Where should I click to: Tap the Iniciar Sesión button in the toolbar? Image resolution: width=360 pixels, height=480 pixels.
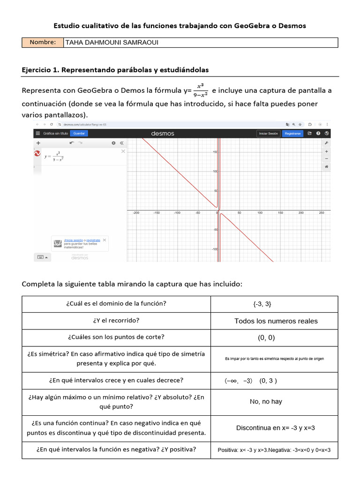(269, 134)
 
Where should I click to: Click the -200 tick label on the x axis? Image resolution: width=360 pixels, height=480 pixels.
(136, 213)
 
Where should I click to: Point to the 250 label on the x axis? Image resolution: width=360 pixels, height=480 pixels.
(322, 213)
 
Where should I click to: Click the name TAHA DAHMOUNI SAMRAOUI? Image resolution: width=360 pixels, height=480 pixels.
(112, 43)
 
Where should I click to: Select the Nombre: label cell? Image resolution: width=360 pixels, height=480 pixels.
(43, 43)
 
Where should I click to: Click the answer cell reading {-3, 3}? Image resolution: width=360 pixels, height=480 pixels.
(262, 304)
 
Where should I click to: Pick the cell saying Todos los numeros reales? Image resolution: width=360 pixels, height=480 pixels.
(276, 321)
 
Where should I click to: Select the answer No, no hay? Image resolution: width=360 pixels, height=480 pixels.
(266, 402)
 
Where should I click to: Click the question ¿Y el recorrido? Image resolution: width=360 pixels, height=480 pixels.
(116, 321)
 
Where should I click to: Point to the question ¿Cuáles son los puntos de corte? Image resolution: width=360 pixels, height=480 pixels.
(116, 337)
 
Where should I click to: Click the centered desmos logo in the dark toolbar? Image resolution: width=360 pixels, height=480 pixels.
(163, 134)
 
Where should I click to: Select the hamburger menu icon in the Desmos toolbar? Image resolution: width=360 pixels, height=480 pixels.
(37, 134)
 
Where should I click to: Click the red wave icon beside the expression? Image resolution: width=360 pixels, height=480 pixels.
(37, 153)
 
